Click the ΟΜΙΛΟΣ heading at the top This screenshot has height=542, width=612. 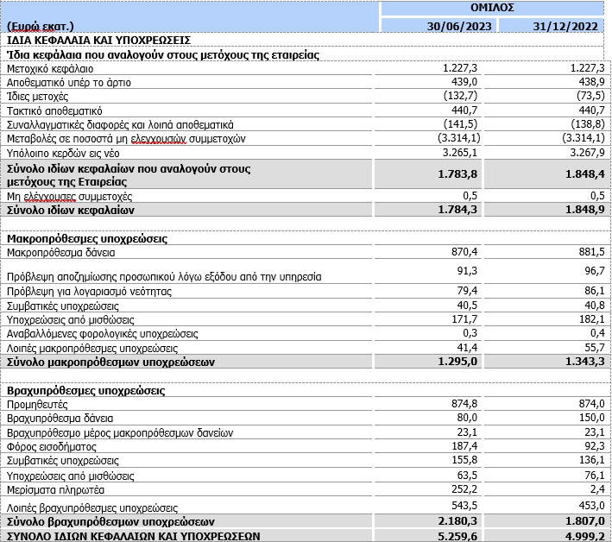(495, 8)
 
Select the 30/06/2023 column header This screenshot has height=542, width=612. (460, 27)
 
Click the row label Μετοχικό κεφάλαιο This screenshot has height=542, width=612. (50, 67)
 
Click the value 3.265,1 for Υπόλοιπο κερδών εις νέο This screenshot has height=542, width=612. (462, 152)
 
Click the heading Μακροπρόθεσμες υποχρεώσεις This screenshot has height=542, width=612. (87, 238)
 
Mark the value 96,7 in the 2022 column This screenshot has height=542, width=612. (590, 270)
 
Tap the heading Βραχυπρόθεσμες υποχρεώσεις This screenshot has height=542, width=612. (85, 390)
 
